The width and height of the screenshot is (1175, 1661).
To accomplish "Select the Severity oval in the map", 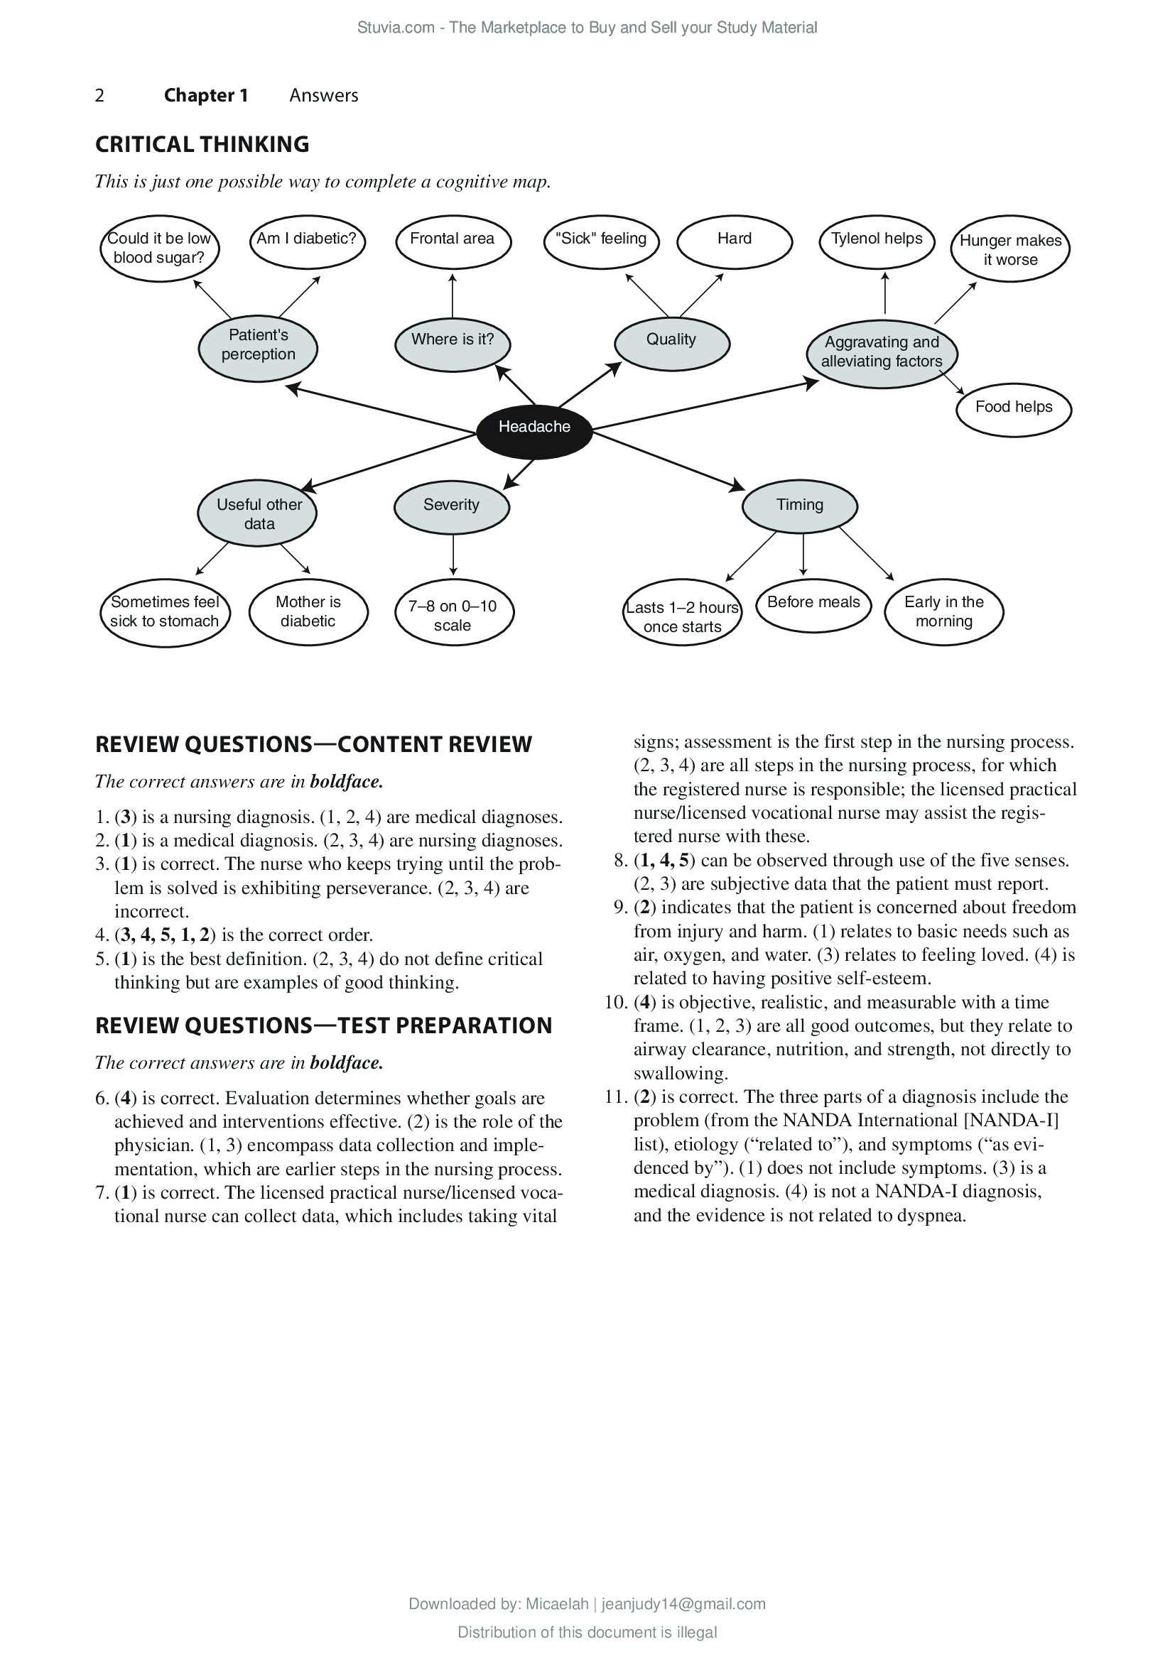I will point(452,506).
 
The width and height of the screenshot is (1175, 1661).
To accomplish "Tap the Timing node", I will point(799,506).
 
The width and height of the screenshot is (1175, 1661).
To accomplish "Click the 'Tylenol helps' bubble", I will point(876,241).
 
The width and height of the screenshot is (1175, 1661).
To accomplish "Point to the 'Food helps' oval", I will point(1013,409).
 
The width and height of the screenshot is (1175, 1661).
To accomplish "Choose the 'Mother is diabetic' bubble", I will point(308,612).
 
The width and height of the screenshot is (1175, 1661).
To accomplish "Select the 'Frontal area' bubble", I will point(453,241).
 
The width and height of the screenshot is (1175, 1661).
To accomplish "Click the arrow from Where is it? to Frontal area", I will point(453,296).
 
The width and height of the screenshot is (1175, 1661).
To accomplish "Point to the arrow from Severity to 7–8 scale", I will point(453,555).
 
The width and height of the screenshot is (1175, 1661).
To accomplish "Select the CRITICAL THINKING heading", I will point(202,145).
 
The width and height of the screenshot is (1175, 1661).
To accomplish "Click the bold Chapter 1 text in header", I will point(205,95).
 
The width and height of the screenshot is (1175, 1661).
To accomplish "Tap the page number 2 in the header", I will point(100,95).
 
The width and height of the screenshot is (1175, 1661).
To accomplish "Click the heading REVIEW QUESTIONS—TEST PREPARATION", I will point(323,1026).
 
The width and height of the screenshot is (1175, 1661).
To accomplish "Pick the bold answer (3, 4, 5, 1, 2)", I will point(165,935).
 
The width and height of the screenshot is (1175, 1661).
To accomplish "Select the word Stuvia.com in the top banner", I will point(395,28).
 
